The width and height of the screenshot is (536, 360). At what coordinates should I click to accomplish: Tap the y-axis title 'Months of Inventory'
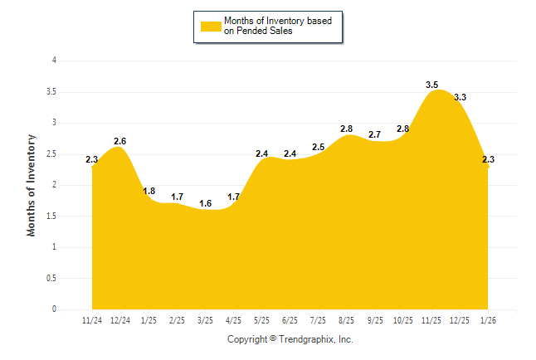click(32, 185)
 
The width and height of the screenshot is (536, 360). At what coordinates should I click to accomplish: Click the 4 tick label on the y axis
click(54, 61)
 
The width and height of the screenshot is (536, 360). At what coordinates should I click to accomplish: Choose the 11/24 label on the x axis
click(92, 319)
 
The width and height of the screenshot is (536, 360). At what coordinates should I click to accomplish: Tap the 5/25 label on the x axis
click(261, 319)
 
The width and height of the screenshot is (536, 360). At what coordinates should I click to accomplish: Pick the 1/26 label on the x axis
click(488, 319)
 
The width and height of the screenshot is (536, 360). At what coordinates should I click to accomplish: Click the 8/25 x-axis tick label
click(347, 319)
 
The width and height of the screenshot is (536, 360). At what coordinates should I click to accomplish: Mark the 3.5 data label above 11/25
click(431, 85)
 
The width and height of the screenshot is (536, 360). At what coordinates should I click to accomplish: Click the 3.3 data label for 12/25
click(460, 97)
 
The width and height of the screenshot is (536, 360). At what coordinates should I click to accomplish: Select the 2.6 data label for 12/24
click(120, 141)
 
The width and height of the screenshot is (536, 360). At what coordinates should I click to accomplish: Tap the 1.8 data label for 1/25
click(149, 191)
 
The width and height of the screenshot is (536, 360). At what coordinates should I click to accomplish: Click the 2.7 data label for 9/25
click(375, 134)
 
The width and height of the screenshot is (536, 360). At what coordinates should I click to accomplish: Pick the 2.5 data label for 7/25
click(319, 147)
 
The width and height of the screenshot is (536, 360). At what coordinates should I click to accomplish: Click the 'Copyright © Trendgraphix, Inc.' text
click(290, 339)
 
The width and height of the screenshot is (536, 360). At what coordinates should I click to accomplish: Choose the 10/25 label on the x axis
click(403, 319)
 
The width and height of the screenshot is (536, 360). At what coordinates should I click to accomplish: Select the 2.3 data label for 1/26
click(488, 159)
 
